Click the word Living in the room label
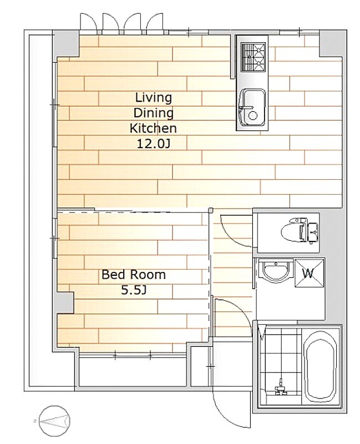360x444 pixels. click(154, 98)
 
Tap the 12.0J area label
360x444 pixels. click(154, 144)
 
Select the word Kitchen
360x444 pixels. click(153, 129)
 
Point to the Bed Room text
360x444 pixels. click(134, 274)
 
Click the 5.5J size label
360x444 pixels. click(134, 290)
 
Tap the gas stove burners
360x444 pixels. click(253, 57)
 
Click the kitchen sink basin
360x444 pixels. click(252, 108)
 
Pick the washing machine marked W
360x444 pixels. click(310, 273)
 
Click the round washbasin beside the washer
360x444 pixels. click(275, 271)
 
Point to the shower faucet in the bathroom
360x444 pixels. click(281, 387)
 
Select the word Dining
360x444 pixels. click(153, 113)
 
